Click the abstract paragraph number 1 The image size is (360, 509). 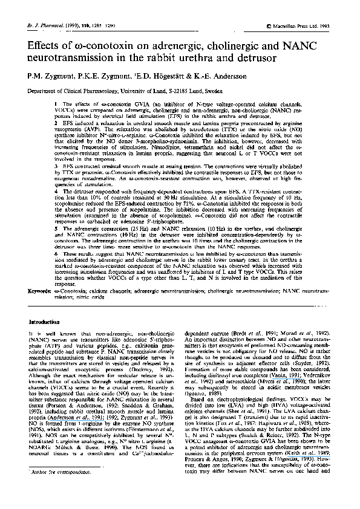coord(56,105)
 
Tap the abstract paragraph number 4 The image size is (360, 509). coord(56,190)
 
